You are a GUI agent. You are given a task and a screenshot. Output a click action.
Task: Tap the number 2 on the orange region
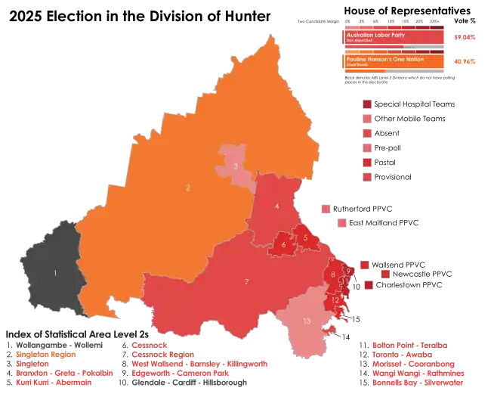tap(188, 187)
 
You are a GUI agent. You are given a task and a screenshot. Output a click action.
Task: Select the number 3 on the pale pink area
tap(236, 166)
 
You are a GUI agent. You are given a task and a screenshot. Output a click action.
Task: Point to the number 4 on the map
tap(277, 206)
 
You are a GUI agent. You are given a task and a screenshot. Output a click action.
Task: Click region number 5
tap(304, 239)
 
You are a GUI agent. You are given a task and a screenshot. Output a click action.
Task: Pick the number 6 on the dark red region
tap(283, 244)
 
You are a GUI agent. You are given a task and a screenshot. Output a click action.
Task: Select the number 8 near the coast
tap(333, 274)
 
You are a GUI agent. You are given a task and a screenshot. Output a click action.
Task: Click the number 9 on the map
tap(348, 271)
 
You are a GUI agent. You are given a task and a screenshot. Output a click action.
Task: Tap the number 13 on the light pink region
tap(306, 321)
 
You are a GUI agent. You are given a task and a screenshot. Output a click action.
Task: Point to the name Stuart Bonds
tap(357, 66)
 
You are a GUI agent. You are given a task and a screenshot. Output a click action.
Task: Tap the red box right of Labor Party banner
tap(465, 37)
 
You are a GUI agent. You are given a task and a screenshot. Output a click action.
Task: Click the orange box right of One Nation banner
tap(465, 61)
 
